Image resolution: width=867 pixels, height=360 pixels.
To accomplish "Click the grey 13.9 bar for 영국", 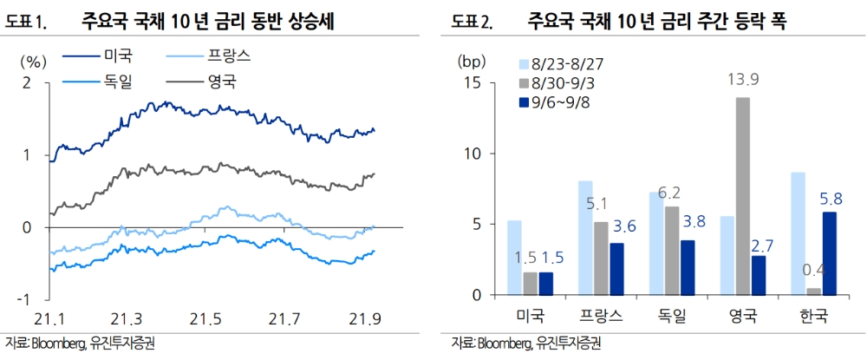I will [743, 196].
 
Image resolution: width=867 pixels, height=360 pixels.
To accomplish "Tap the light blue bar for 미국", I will [514, 258].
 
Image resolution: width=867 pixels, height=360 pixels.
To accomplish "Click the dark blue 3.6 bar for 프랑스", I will [616, 269].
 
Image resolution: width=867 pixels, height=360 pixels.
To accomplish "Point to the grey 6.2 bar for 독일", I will [673, 251].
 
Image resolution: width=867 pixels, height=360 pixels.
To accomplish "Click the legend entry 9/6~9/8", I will [558, 102].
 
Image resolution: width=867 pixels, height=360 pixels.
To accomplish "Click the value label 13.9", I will [743, 81].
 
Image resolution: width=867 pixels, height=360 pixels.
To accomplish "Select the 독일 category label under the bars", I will [672, 316].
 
